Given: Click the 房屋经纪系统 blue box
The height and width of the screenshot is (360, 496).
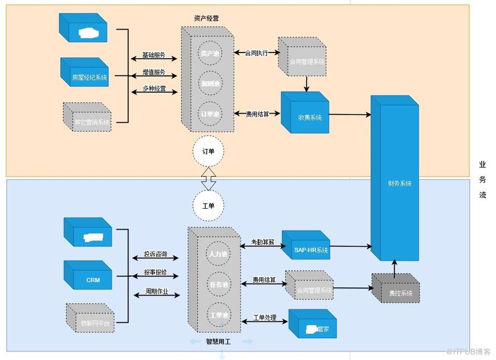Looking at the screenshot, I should tap(89, 78).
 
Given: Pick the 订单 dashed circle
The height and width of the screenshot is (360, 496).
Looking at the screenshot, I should tap(208, 151).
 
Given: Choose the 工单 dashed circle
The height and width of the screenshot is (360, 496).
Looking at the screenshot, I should tap(208, 205).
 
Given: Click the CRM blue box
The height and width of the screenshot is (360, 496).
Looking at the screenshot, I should tap(93, 280).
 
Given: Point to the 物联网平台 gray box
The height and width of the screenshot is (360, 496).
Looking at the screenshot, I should tap(95, 322).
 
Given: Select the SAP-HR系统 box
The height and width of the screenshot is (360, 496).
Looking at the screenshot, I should tap(311, 249).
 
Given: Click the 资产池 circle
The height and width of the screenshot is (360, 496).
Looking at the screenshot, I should tap(210, 54).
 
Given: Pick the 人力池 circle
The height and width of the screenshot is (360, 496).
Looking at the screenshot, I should tap(218, 253).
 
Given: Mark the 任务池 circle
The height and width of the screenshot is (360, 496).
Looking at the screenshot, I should tap(218, 284).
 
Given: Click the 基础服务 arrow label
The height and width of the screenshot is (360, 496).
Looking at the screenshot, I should tap(154, 55).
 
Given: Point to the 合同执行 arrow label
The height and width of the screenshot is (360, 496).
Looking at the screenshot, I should tap(257, 53).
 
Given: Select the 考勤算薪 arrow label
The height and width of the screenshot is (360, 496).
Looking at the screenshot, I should tap(262, 242).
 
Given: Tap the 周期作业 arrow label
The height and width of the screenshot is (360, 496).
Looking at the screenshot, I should tap(157, 291).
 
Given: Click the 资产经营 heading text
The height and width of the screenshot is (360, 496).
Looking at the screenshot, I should tap(206, 18).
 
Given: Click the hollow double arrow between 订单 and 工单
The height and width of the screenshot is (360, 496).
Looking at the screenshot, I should tap(208, 178).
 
